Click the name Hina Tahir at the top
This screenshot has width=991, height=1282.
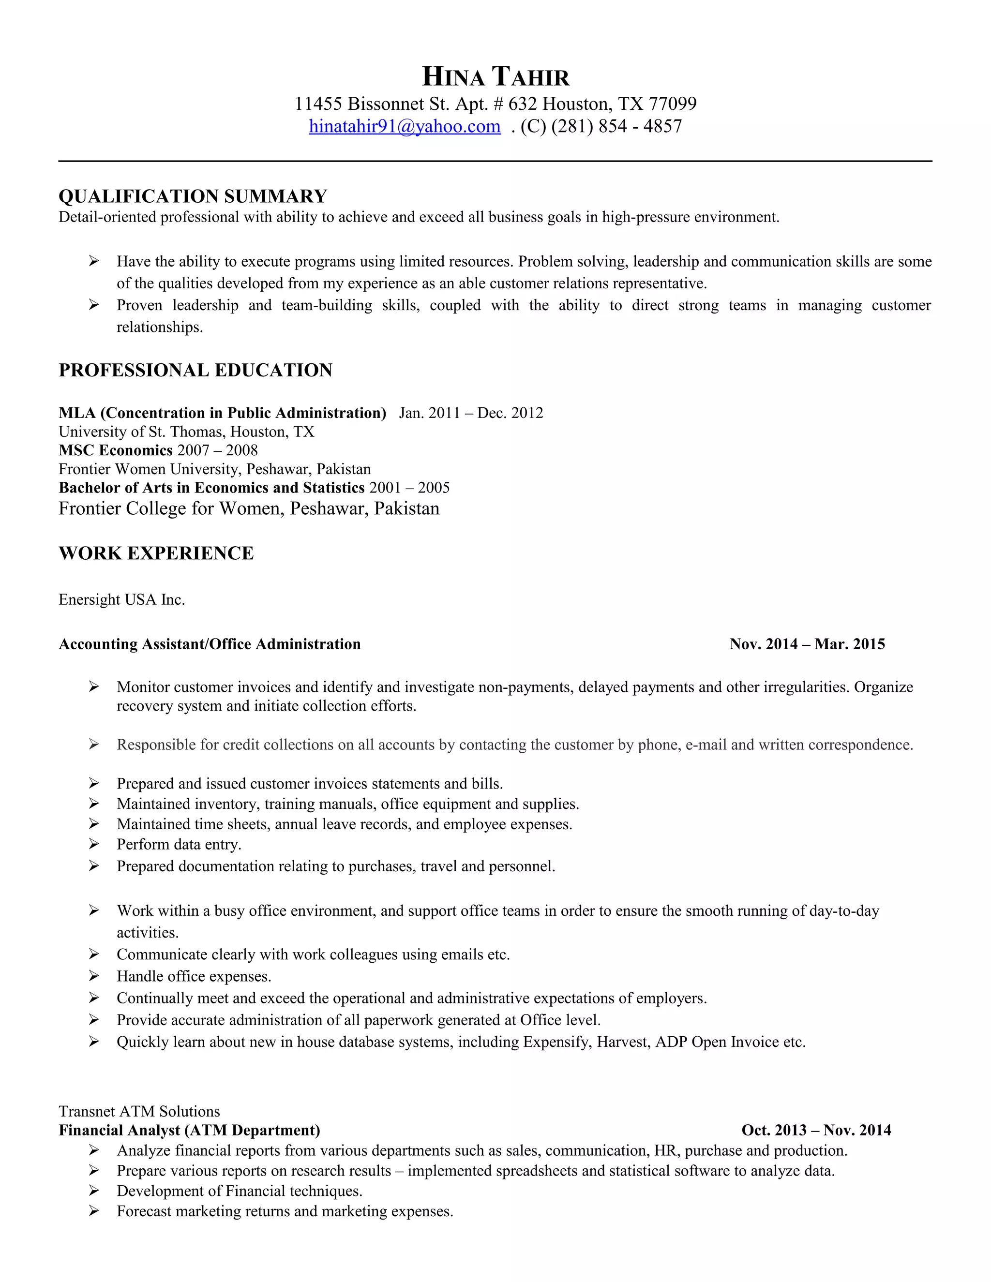point(495,77)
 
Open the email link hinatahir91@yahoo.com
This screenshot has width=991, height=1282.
point(405,126)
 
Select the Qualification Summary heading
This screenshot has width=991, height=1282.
point(193,196)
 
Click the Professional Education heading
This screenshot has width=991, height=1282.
point(195,371)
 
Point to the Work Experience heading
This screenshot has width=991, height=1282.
point(156,553)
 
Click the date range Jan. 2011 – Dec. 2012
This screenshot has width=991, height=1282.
point(471,413)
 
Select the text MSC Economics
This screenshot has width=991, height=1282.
point(116,450)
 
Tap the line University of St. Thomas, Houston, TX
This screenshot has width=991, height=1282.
point(187,432)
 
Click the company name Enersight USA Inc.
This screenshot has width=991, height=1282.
point(121,599)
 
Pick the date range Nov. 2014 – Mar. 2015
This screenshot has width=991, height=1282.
point(807,644)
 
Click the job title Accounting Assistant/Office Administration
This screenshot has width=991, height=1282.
point(210,644)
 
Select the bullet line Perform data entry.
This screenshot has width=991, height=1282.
point(179,844)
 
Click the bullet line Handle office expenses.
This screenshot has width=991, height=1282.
point(194,976)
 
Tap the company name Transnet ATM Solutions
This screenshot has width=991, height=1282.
point(139,1111)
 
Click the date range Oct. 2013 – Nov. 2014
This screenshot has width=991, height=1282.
point(816,1130)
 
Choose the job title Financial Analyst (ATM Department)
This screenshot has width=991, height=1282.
point(190,1130)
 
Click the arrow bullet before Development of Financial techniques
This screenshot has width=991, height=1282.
point(93,1191)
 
